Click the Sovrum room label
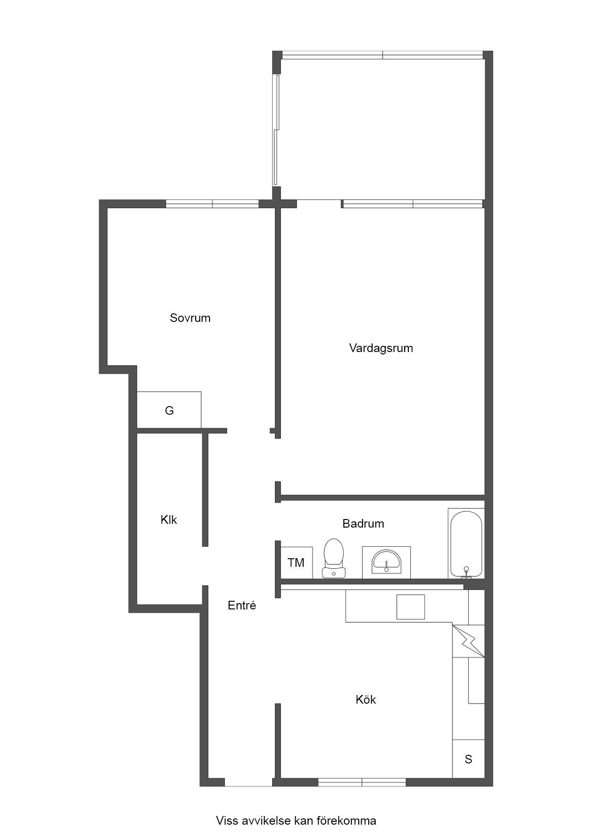click(x=190, y=318)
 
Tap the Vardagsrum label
click(x=381, y=348)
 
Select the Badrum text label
click(x=363, y=524)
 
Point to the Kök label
click(x=366, y=700)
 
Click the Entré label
click(x=242, y=606)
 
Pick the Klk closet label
click(x=169, y=520)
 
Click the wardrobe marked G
click(x=169, y=409)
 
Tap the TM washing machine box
click(x=296, y=563)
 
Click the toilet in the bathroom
click(x=333, y=558)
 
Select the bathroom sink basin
click(x=386, y=562)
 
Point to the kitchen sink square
click(x=410, y=607)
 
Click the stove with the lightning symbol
click(x=469, y=641)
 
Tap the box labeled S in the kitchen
click(x=469, y=759)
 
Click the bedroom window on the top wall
click(x=212, y=204)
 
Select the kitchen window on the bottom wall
click(x=362, y=783)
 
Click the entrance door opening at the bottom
click(x=248, y=783)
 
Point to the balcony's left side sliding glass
click(x=276, y=130)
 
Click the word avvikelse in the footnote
click(x=267, y=821)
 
